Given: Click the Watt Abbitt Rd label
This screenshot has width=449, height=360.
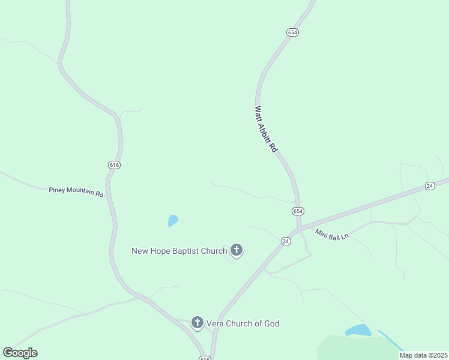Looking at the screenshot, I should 265,129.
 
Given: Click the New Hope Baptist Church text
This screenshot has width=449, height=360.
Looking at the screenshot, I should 179,251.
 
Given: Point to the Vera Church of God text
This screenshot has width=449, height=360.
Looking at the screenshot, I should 244,323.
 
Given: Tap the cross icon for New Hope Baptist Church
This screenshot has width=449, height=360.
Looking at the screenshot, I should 237,250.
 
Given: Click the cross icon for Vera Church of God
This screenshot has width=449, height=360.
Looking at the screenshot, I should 197,323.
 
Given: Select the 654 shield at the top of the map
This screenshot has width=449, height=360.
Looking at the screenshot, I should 292,32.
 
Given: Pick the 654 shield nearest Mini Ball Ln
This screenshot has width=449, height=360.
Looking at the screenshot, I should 298,211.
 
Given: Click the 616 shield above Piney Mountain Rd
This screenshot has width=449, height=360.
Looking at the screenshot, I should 115,164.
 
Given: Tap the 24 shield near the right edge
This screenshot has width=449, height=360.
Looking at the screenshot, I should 430,186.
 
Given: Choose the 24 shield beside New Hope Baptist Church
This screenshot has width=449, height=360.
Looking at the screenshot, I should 286,241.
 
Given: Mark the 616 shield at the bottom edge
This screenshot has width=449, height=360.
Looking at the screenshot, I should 205,358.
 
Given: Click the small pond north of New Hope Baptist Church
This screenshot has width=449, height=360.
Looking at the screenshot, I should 173,221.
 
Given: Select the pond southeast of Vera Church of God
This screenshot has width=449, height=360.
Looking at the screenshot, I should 358,330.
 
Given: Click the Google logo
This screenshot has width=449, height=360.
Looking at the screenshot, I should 20,353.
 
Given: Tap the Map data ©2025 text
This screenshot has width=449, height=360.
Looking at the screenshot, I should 424,355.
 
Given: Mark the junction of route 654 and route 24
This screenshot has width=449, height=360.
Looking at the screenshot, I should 298,229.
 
